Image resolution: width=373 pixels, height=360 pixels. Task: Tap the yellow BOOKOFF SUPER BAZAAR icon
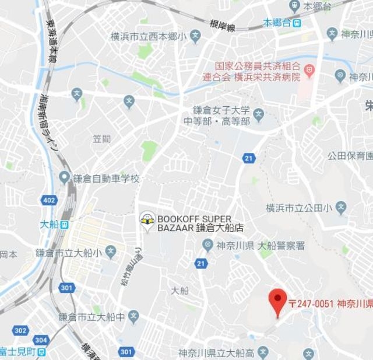[148, 220]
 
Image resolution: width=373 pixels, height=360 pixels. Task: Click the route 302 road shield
[20, 331]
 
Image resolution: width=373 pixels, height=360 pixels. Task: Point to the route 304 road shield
[40, 340]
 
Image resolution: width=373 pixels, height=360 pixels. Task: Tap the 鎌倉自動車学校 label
[107, 177]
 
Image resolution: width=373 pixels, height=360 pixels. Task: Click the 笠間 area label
[101, 138]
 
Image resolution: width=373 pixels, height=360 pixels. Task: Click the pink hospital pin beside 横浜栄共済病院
[309, 71]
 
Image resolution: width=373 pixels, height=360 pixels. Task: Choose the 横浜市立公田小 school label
[298, 208]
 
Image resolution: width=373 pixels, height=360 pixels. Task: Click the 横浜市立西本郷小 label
[148, 37]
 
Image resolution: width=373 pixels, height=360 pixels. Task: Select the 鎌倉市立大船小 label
[68, 253]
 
